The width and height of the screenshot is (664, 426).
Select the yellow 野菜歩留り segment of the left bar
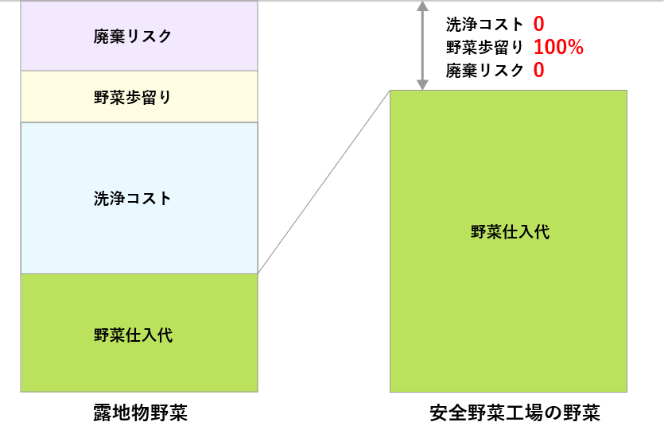coord(139,109)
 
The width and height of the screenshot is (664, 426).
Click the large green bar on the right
coord(508,302)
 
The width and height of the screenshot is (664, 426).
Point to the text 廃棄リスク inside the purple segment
coord(133,37)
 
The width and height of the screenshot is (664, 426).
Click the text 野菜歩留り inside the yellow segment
coord(133,97)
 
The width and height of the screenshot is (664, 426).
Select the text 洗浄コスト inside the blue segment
coord(133,199)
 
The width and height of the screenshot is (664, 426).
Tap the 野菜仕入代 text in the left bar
coord(133,335)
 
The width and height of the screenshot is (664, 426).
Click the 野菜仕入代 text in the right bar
coord(510,232)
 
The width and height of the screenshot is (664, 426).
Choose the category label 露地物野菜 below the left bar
coord(140,413)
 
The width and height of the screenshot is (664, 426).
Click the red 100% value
coord(558,48)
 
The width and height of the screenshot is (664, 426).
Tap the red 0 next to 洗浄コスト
coord(538,25)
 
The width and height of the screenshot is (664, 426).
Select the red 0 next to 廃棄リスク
coord(538,71)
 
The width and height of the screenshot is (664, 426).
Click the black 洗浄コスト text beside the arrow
coord(485,25)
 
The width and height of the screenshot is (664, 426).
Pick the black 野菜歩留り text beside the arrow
coord(485,48)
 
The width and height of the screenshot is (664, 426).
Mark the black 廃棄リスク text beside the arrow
coord(485,71)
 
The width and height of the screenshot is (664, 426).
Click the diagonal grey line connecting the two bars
coord(324,182)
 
